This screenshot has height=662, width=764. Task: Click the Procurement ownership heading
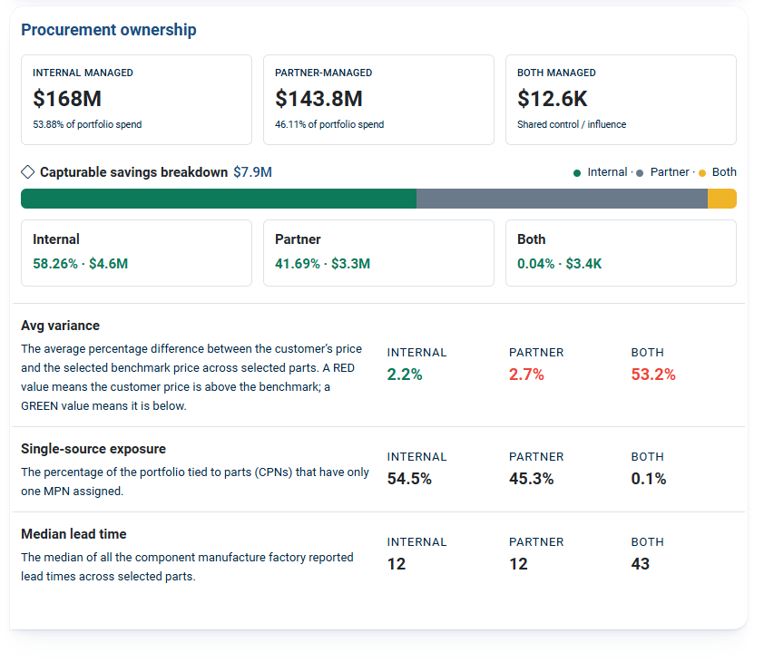coord(109,30)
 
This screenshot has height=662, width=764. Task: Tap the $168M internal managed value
coord(67,99)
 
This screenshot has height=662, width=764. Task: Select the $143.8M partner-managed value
coord(318,99)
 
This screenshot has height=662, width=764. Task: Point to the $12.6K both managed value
coord(552,99)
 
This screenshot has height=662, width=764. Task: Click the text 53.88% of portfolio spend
coord(87,125)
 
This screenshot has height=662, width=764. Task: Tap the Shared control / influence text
coord(572,125)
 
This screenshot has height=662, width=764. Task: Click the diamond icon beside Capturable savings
coord(28,172)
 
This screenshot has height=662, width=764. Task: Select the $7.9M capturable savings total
coord(252,172)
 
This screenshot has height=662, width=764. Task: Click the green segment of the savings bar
coord(219,199)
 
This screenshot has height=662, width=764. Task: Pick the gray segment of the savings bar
coord(562,199)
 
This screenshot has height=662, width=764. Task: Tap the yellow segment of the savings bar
coord(722,199)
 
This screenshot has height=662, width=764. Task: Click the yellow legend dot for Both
coord(702,173)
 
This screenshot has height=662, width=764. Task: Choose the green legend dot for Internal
coord(577,173)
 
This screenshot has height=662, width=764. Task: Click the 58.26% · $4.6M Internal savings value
coord(81,264)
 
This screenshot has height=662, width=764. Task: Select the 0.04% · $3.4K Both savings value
coord(559,264)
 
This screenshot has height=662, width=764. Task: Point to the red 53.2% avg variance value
coord(653,375)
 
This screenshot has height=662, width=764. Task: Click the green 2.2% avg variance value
coord(405,375)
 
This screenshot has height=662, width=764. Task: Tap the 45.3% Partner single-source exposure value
coord(531,479)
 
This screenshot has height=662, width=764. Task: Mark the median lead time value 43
coord(641,564)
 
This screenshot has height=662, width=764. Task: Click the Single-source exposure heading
coord(93,449)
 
